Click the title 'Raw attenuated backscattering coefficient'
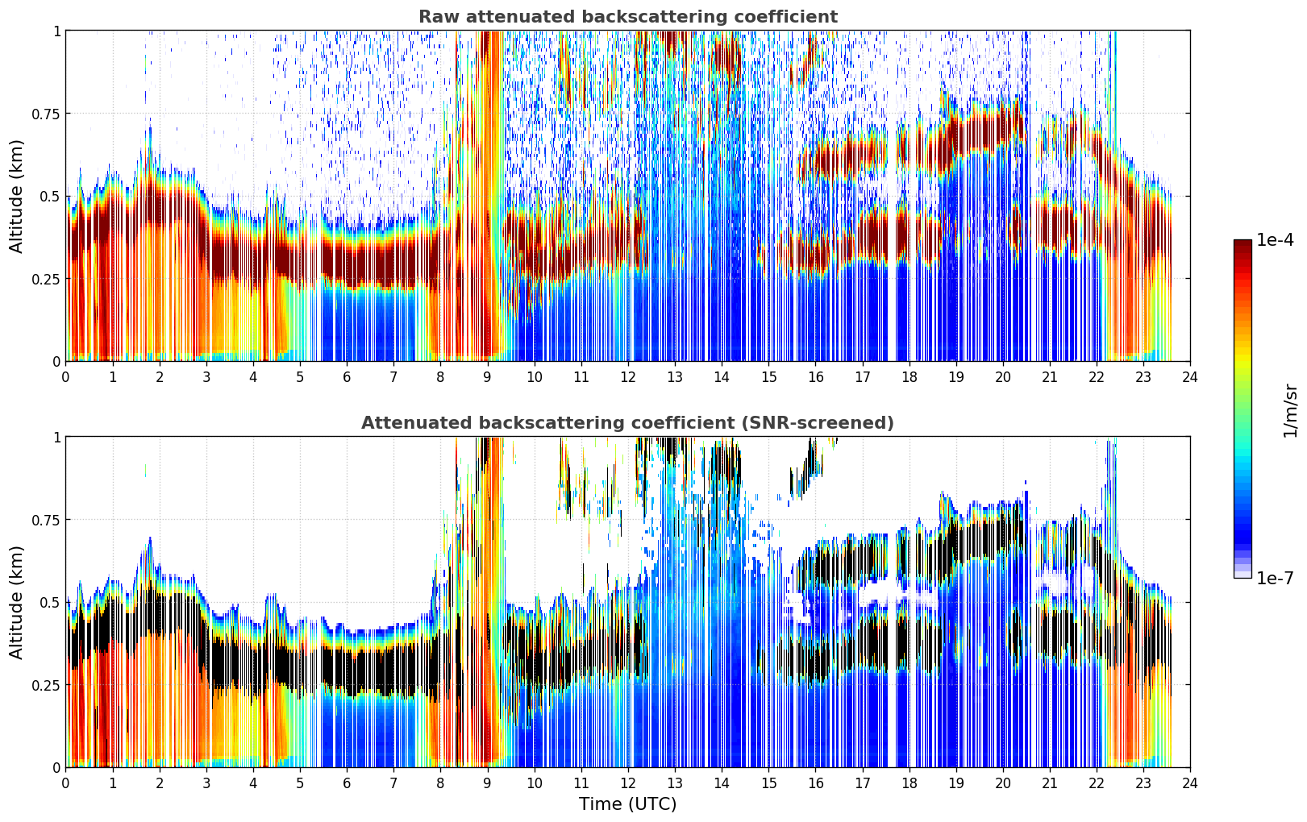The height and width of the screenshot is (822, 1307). point(628,16)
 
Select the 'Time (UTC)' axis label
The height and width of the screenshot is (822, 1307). point(628,804)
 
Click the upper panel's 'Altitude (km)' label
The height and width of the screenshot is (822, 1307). point(16,197)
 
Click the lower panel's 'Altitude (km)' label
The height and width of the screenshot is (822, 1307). point(16,602)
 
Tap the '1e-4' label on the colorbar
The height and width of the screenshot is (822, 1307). point(1275,239)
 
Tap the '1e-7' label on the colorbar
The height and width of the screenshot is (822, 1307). point(1275,578)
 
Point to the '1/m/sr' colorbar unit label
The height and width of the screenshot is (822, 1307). point(1290,410)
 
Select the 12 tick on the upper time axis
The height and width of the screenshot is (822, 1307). point(628,376)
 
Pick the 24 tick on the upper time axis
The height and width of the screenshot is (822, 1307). point(1190,376)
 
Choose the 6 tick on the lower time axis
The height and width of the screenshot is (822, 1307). point(347,783)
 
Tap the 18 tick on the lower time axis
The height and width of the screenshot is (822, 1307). point(909,783)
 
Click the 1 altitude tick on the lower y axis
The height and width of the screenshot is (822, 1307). point(57,437)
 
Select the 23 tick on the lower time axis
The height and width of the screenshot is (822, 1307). point(1143,783)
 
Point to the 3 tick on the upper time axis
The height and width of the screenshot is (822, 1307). point(206,376)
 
